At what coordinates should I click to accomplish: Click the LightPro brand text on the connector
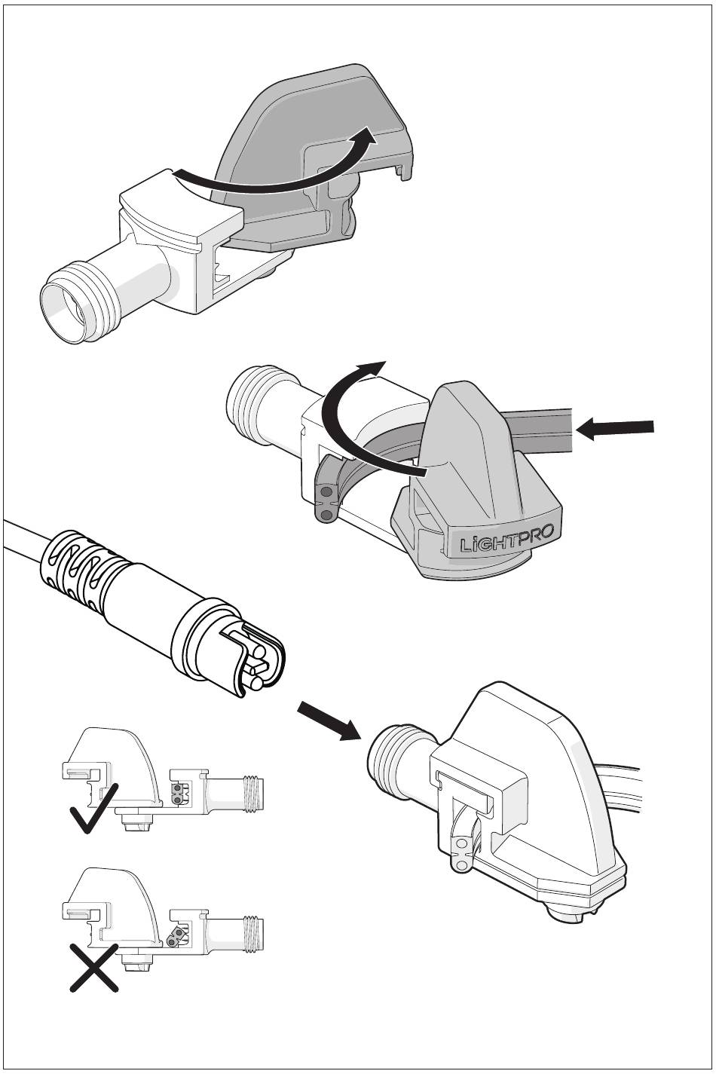(x=506, y=539)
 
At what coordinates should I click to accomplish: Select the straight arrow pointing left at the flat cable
(x=614, y=428)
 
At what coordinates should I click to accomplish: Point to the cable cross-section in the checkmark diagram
(x=178, y=794)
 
